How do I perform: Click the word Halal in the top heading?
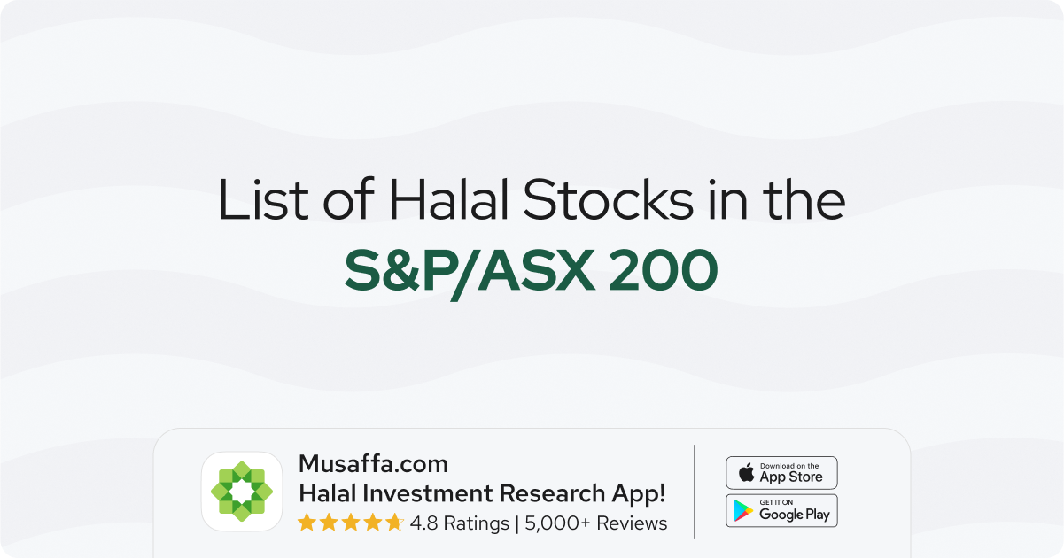(x=448, y=199)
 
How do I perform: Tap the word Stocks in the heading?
(x=608, y=199)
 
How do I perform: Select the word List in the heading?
(x=263, y=199)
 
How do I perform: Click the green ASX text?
(x=536, y=270)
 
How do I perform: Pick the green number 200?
(x=664, y=271)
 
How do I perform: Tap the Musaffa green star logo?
(x=242, y=492)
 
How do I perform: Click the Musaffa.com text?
(x=373, y=464)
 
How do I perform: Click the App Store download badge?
(x=781, y=472)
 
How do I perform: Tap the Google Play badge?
(x=781, y=511)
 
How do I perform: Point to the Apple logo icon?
(x=746, y=472)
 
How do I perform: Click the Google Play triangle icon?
(x=743, y=511)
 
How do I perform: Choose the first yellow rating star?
(x=307, y=523)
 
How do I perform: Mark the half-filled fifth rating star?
(x=394, y=523)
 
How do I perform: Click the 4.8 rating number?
(x=423, y=523)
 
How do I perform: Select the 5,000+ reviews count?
(x=557, y=523)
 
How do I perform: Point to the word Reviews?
(x=632, y=523)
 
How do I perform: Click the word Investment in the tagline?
(x=430, y=493)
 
